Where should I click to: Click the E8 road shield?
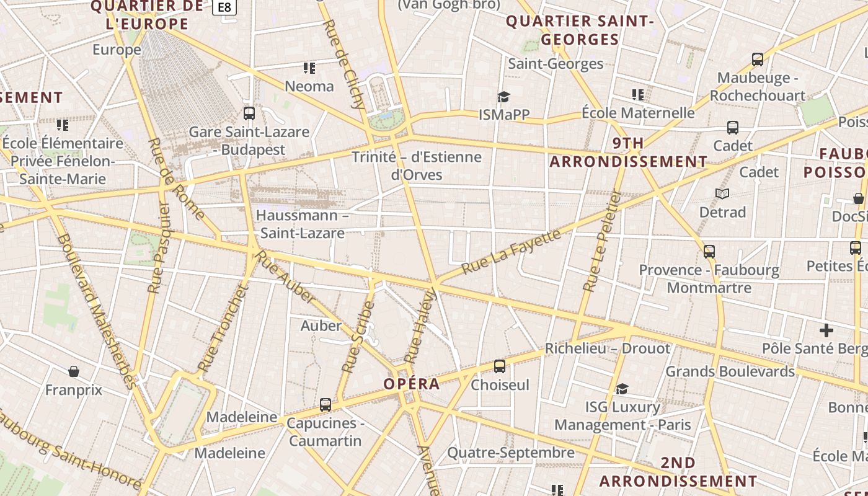pyautogui.click(x=224, y=7)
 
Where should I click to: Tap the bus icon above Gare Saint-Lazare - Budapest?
pyautogui.click(x=249, y=113)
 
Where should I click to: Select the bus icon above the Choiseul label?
pyautogui.click(x=500, y=366)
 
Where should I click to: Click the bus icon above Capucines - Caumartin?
pyautogui.click(x=325, y=405)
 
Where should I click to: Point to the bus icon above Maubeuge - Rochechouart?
pyautogui.click(x=757, y=60)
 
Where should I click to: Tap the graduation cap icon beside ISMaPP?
pyautogui.click(x=503, y=97)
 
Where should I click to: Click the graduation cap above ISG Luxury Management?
pyautogui.click(x=622, y=389)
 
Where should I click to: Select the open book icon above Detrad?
pyautogui.click(x=722, y=194)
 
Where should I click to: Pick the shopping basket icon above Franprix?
pyautogui.click(x=74, y=371)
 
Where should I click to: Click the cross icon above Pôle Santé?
pyautogui.click(x=826, y=330)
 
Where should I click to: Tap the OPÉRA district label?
pyautogui.click(x=412, y=384)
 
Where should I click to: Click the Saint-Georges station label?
pyautogui.click(x=556, y=64)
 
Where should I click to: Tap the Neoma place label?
pyautogui.click(x=309, y=86)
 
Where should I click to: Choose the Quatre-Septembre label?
pyautogui.click(x=511, y=453)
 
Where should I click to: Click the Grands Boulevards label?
pyautogui.click(x=730, y=371)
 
